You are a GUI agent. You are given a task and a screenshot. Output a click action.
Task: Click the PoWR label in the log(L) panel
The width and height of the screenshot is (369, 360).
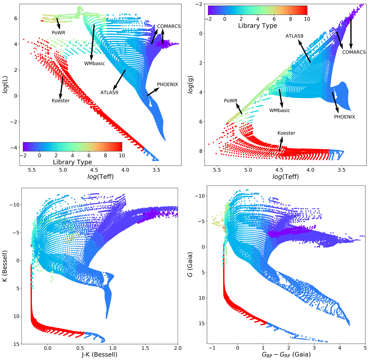coord(58,32)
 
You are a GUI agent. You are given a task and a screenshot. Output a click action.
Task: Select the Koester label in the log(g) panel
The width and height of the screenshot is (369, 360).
coord(286,133)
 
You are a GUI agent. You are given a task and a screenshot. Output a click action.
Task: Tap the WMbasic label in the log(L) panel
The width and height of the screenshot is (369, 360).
coord(94,64)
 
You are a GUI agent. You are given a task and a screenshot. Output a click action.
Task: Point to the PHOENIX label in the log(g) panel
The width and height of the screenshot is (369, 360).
coord(344,117)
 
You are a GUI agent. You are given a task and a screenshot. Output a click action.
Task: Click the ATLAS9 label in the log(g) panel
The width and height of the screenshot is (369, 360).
coord(294,36)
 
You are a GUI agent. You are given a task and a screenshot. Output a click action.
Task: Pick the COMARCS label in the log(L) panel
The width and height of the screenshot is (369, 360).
coord(169,26)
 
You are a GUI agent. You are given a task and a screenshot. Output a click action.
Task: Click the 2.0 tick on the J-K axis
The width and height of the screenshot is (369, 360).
coord(178,348)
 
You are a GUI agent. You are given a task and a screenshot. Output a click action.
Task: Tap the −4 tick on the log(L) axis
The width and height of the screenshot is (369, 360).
coord(13,148)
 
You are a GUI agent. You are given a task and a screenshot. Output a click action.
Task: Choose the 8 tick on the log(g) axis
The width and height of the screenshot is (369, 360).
coord(200,151)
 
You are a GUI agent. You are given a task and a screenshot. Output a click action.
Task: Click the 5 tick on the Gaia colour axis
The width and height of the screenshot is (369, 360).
coord(365,348)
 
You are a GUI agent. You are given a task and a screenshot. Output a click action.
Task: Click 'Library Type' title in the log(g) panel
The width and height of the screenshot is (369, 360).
coord(257,26)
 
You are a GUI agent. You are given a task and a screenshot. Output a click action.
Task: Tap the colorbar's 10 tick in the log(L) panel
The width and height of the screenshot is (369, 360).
coord(122,156)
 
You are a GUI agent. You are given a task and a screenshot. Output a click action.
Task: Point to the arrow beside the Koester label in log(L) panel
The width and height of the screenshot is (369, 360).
coord(61,87)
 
